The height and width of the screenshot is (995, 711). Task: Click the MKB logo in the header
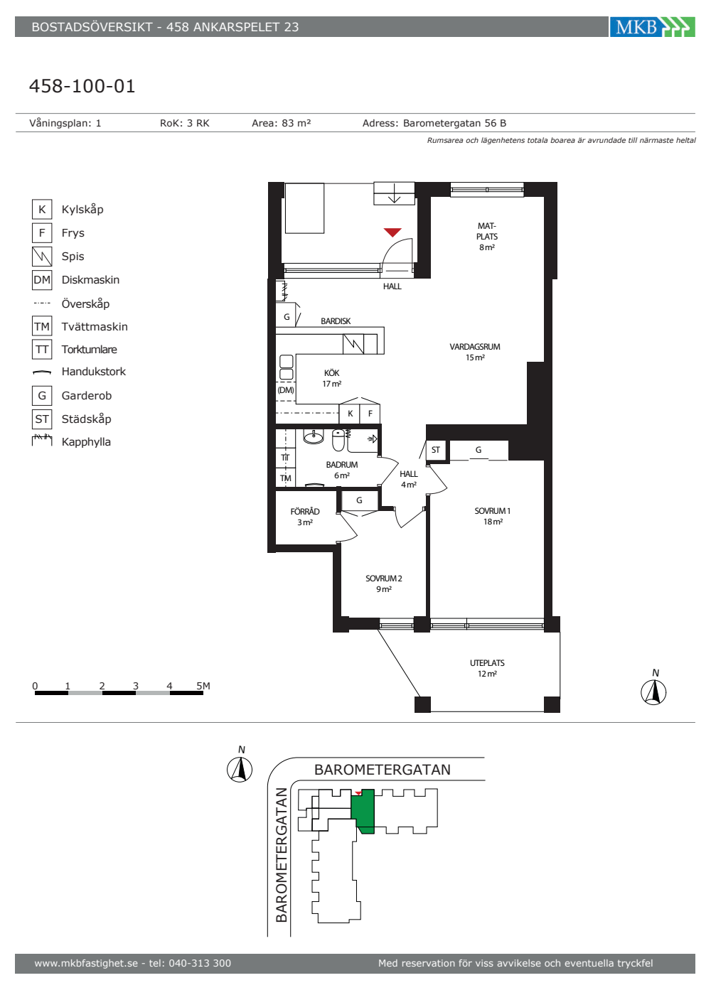click(x=652, y=27)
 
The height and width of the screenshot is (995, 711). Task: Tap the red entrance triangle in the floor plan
click(x=392, y=232)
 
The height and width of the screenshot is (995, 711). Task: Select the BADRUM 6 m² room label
click(x=342, y=470)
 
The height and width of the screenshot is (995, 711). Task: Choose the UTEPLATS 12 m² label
click(x=487, y=668)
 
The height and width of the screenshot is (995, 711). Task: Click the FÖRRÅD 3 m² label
click(x=305, y=517)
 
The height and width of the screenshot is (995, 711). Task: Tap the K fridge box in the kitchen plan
click(x=350, y=414)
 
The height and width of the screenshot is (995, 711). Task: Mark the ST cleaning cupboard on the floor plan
click(x=435, y=450)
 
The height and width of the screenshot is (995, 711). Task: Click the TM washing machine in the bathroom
click(x=285, y=478)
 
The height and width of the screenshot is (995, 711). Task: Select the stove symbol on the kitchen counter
click(x=353, y=344)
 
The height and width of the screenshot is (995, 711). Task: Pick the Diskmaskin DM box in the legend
click(x=42, y=280)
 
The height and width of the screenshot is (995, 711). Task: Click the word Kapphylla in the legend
click(x=86, y=442)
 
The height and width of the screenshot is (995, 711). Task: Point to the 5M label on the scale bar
click(x=203, y=686)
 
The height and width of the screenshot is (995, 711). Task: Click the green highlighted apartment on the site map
click(x=363, y=812)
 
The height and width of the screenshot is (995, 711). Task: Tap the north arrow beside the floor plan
click(x=653, y=689)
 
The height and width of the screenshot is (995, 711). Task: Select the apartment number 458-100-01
click(x=82, y=86)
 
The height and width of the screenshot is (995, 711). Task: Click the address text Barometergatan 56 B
click(x=454, y=123)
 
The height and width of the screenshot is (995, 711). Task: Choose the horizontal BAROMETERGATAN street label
click(x=383, y=770)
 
